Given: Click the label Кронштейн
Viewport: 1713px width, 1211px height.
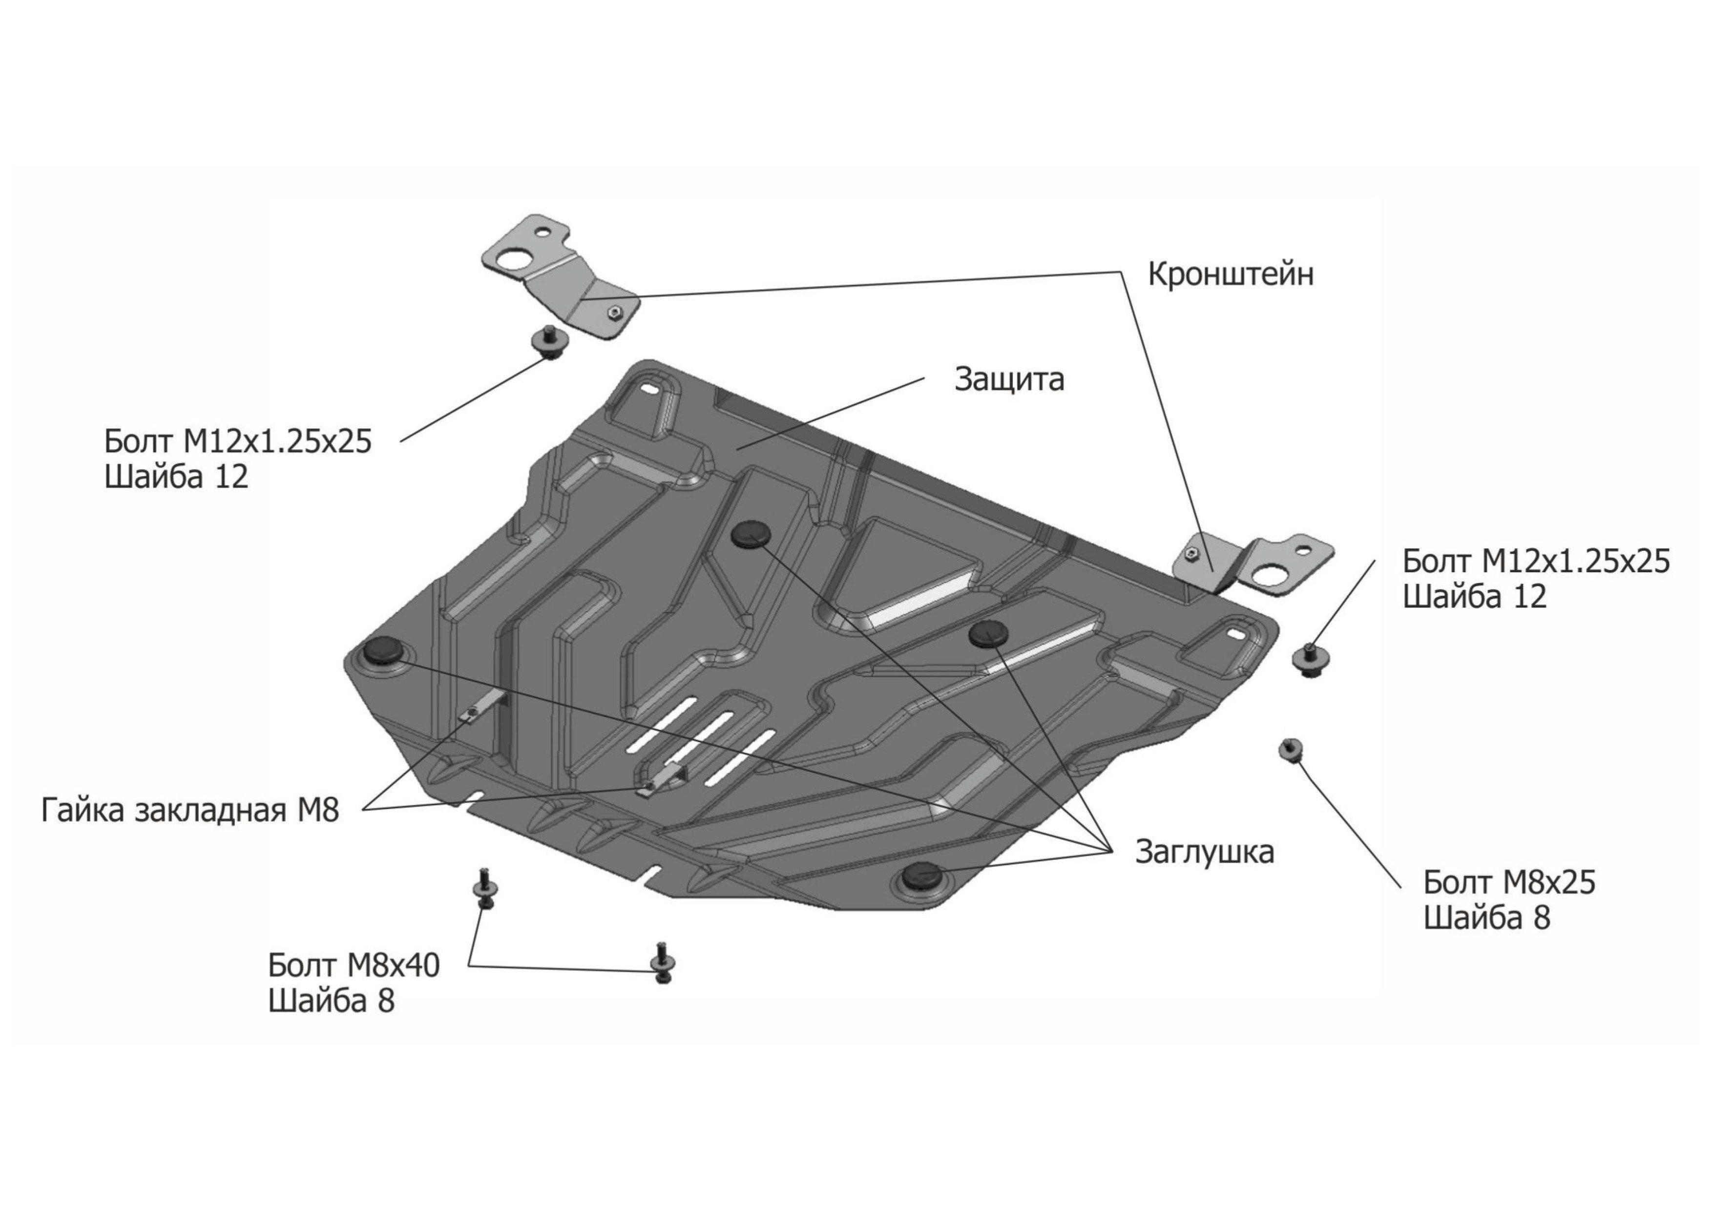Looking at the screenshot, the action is click(1230, 274).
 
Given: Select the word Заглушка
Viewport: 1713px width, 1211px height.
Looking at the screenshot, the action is click(1204, 851).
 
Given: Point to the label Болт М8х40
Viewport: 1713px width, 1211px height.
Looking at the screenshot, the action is click(354, 965).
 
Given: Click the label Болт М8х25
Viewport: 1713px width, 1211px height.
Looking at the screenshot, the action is click(1508, 883).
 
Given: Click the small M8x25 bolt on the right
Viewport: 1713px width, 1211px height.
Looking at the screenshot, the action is click(1290, 749).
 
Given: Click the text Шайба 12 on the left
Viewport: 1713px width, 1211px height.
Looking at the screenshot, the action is click(176, 476).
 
